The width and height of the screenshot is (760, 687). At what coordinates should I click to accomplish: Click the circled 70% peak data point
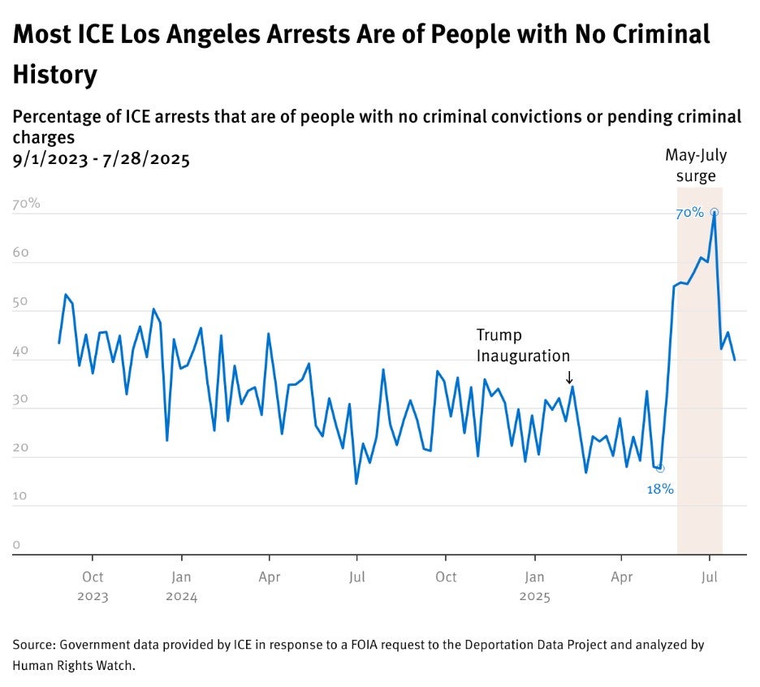(715, 213)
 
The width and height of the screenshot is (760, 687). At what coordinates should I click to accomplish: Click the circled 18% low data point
(660, 469)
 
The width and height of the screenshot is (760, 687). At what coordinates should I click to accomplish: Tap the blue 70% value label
(689, 214)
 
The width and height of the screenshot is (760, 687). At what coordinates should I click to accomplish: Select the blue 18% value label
(660, 490)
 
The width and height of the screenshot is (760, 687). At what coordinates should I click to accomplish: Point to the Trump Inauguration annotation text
(523, 345)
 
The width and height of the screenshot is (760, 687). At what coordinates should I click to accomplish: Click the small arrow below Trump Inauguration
(569, 377)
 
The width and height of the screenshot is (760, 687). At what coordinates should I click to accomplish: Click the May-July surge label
(696, 165)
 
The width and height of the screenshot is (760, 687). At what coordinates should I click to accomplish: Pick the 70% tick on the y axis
(26, 204)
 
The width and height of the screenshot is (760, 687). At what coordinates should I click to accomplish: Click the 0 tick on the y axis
(16, 545)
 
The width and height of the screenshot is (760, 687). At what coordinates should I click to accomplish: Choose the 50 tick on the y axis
(20, 302)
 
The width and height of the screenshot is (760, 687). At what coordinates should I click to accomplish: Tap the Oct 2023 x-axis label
(93, 586)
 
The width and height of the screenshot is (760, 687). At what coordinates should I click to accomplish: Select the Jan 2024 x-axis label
(181, 586)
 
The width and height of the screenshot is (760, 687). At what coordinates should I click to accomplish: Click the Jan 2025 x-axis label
(533, 586)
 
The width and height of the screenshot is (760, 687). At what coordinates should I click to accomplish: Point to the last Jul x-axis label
(709, 577)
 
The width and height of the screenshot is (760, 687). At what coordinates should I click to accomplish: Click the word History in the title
(54, 75)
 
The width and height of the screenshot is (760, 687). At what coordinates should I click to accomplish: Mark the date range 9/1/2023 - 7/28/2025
(101, 158)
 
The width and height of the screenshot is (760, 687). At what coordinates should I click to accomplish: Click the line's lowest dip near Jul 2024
(356, 483)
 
